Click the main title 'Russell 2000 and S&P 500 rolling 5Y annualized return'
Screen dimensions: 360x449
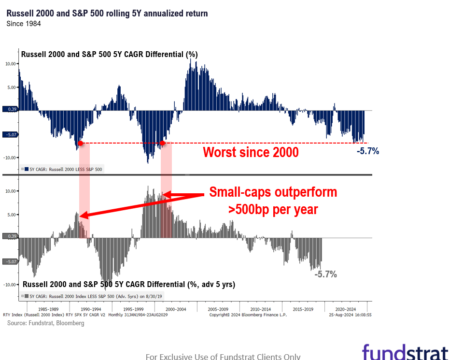(107, 14)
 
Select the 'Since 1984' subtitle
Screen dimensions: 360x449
(23, 24)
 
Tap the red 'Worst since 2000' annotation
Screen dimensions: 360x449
(251, 152)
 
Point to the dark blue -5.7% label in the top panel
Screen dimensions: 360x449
(368, 151)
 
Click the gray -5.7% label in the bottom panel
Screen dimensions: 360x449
(325, 274)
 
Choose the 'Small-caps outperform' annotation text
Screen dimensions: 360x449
(273, 192)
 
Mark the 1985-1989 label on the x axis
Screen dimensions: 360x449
(48, 309)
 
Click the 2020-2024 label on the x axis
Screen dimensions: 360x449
(346, 309)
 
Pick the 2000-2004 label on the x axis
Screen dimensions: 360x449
(176, 309)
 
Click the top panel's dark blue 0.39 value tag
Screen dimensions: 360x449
(12, 110)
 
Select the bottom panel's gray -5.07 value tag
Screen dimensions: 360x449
(12, 261)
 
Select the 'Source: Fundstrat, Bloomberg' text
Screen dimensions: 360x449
(45, 323)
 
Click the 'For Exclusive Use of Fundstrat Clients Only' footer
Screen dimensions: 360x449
(223, 357)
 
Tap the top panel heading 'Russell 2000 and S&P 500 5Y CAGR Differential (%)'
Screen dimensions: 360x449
(109, 55)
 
